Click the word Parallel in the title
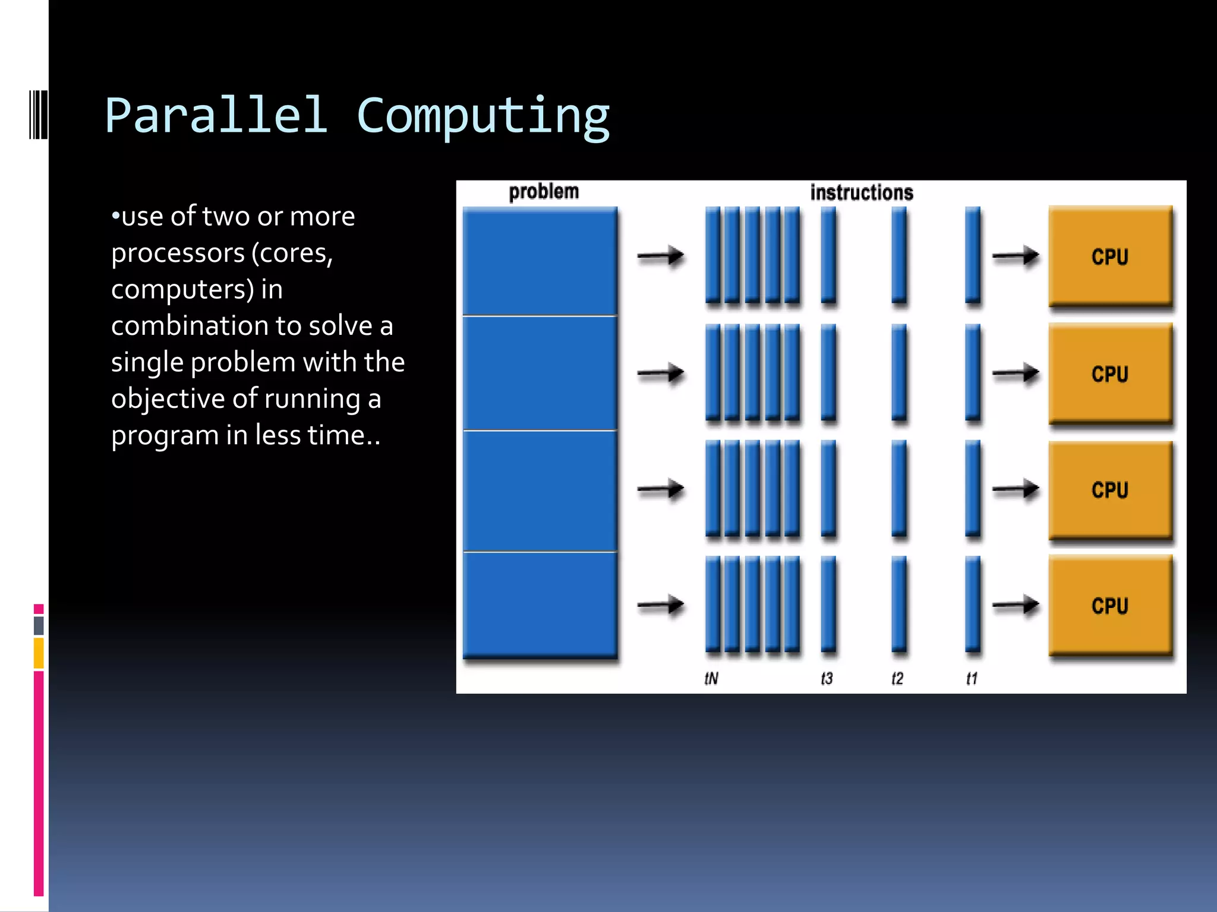point(216,115)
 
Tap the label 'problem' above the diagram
point(543,192)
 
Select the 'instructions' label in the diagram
point(861,193)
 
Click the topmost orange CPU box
point(1110,256)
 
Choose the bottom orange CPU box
point(1110,606)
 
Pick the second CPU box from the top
point(1110,373)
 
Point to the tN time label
point(711,678)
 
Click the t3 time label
point(827,678)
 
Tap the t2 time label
point(897,678)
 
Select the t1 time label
point(972,678)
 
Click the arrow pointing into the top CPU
point(1015,256)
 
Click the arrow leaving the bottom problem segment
point(660,606)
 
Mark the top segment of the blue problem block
point(540,261)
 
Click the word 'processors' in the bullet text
point(178,254)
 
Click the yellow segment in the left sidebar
point(39,653)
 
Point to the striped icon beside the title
point(38,115)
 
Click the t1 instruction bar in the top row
point(972,255)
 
